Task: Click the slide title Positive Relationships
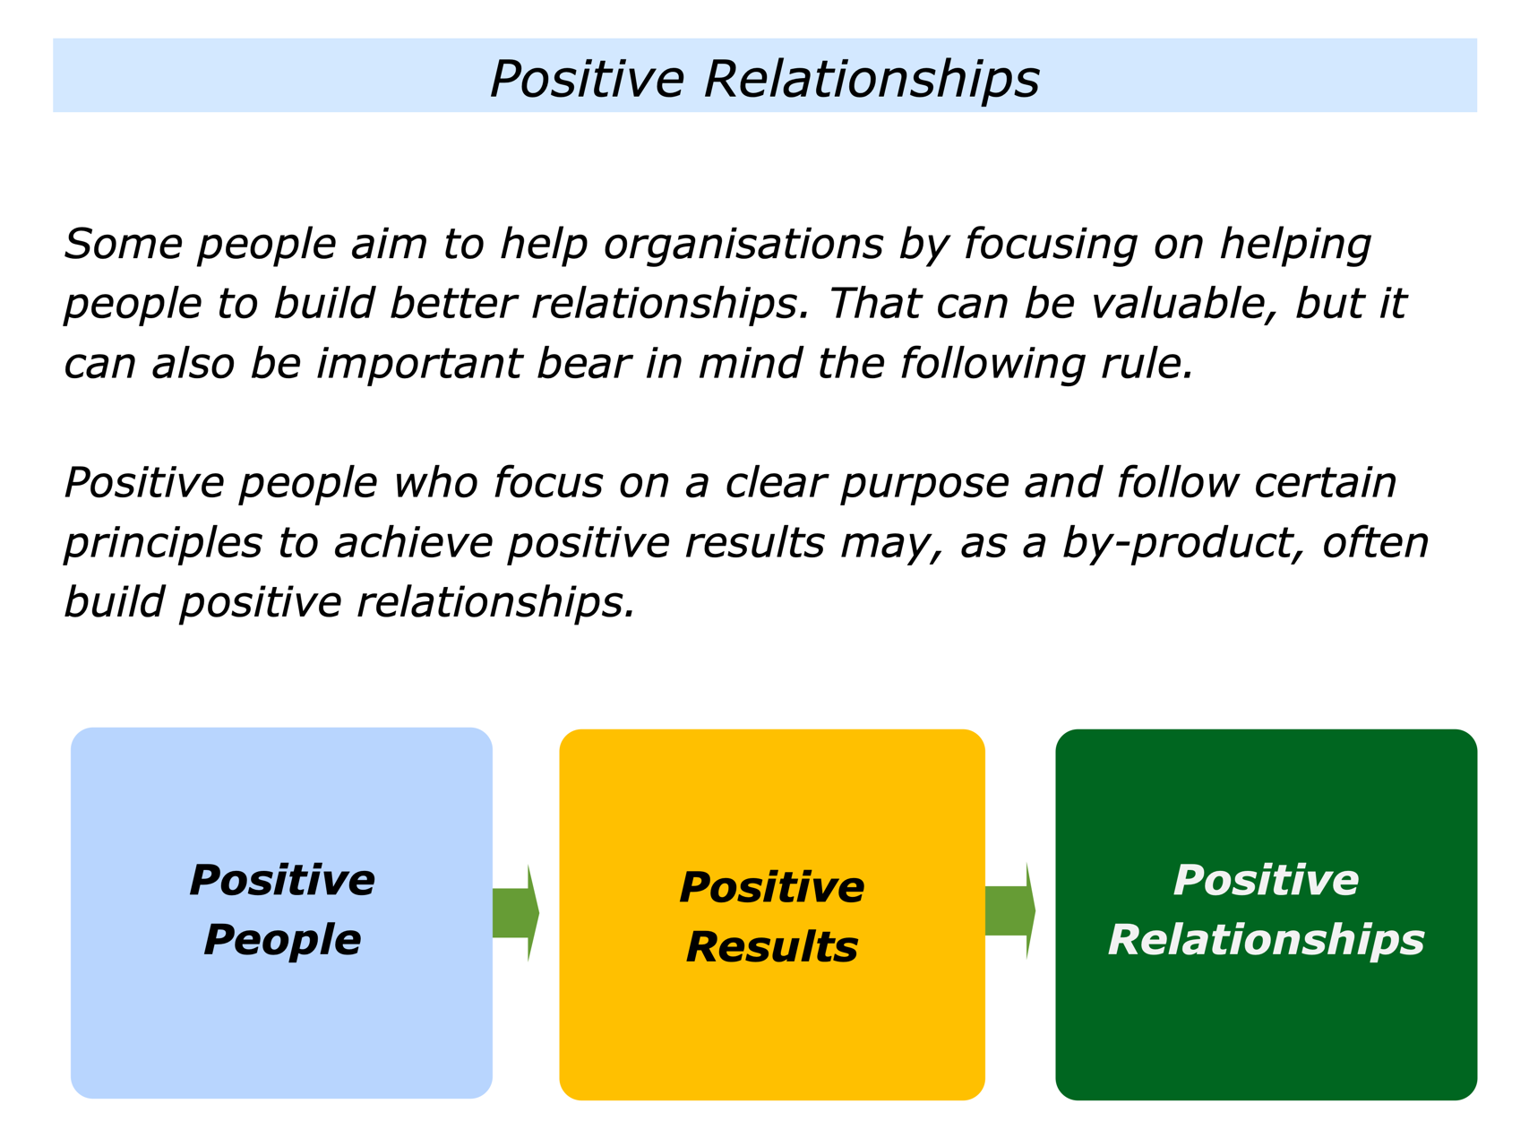click(x=764, y=78)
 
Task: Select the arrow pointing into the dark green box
click(x=1010, y=911)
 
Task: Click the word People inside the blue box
click(x=282, y=940)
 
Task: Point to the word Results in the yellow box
click(x=771, y=947)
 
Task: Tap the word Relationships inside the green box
click(x=1266, y=940)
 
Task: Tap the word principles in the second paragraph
click(x=163, y=544)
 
